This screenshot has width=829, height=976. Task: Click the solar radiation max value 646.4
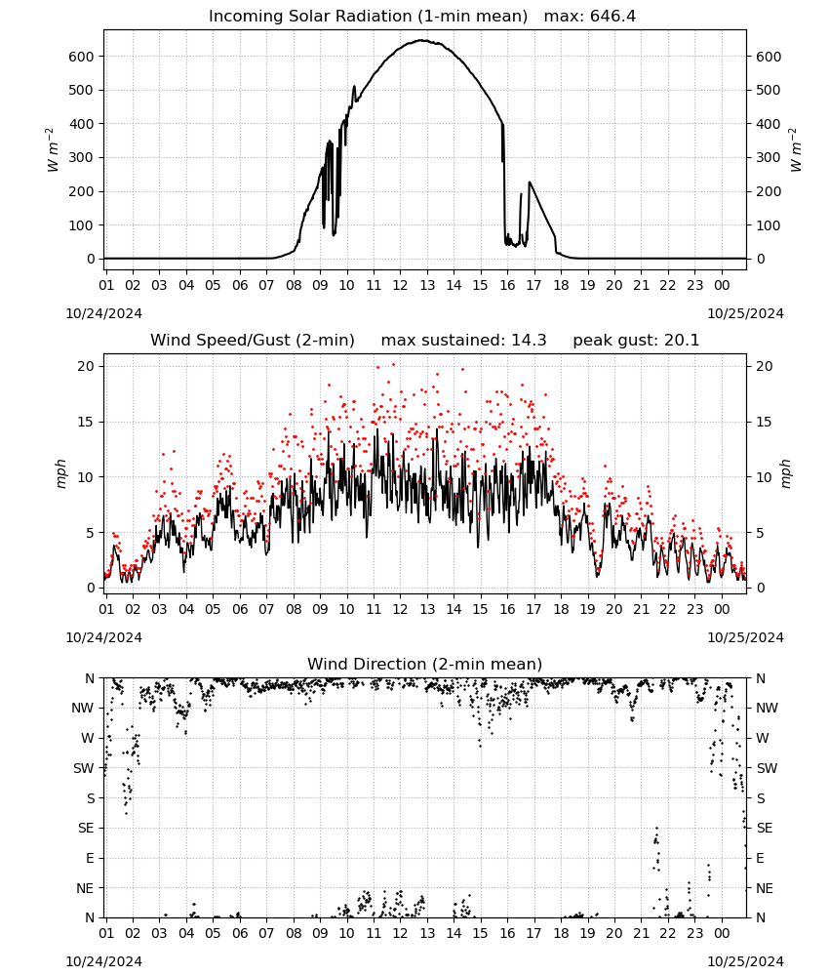click(x=612, y=17)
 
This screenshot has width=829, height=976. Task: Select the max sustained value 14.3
click(x=529, y=341)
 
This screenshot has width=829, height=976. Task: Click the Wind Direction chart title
click(x=425, y=664)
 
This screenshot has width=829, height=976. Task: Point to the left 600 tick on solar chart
click(x=82, y=57)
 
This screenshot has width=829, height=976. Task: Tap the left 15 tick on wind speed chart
click(x=86, y=422)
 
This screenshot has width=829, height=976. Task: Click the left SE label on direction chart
click(x=86, y=828)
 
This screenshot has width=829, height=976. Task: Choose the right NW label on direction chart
click(x=767, y=708)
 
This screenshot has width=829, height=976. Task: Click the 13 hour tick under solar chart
click(x=427, y=285)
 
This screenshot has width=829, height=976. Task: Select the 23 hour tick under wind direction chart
click(x=694, y=933)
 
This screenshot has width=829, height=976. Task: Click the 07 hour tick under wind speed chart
click(x=266, y=609)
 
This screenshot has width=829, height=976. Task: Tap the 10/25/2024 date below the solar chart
click(x=745, y=313)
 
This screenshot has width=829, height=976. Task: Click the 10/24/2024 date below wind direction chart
click(x=103, y=961)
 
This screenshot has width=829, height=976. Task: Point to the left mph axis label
click(x=60, y=473)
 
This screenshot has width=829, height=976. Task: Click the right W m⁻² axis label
click(x=796, y=150)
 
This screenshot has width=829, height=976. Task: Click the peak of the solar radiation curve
click(x=421, y=40)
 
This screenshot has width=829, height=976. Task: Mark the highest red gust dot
click(x=393, y=365)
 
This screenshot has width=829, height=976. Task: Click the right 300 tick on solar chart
click(x=769, y=157)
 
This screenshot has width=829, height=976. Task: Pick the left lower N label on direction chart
click(x=90, y=917)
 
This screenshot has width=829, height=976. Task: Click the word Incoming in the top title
click(x=244, y=17)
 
